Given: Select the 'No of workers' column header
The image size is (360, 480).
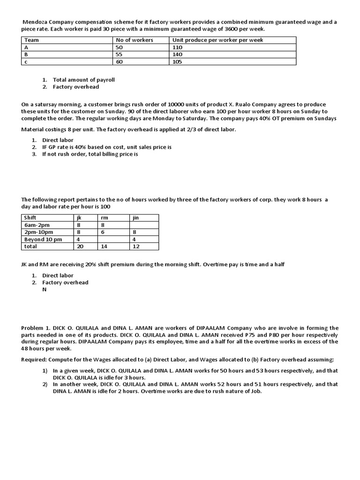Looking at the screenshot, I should (x=135, y=40).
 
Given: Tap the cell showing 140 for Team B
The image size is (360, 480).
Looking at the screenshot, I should (x=178, y=54).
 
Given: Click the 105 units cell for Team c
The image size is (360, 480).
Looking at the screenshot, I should (x=177, y=61).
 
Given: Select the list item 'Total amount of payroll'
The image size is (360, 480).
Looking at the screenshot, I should (x=83, y=80).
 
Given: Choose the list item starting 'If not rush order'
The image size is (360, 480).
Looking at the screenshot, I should (x=90, y=154).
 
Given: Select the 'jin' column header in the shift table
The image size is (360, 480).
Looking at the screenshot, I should (x=136, y=217).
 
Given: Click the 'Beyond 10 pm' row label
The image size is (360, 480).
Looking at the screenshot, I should (x=43, y=239).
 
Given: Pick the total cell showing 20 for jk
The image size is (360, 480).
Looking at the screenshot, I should (x=79, y=246).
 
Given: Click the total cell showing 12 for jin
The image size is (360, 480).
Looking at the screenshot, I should (x=136, y=246).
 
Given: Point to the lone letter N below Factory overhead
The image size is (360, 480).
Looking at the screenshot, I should (x=45, y=289).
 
